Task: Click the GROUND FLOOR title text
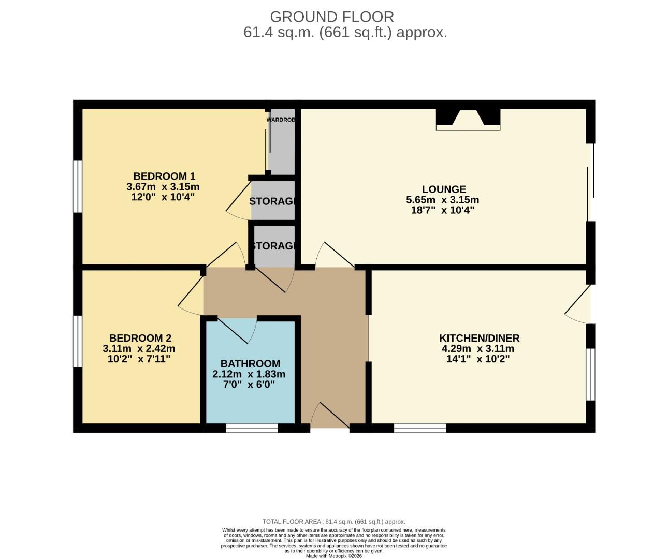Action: (x=332, y=17)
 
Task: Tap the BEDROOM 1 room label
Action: (x=164, y=176)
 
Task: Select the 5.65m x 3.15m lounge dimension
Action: (x=443, y=200)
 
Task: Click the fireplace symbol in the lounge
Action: (x=468, y=119)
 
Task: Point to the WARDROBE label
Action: (x=281, y=120)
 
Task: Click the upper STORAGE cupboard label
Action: (x=272, y=201)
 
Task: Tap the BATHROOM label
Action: (x=250, y=363)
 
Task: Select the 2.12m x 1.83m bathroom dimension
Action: (x=249, y=374)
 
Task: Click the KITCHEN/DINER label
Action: (x=479, y=338)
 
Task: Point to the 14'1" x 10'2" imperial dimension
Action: (x=477, y=359)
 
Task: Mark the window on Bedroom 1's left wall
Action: (x=78, y=186)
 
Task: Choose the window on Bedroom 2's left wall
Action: (x=78, y=342)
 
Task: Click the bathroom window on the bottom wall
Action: (x=252, y=428)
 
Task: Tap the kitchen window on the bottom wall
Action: (x=420, y=428)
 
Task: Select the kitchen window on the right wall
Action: (x=590, y=374)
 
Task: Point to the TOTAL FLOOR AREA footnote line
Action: (x=333, y=522)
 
